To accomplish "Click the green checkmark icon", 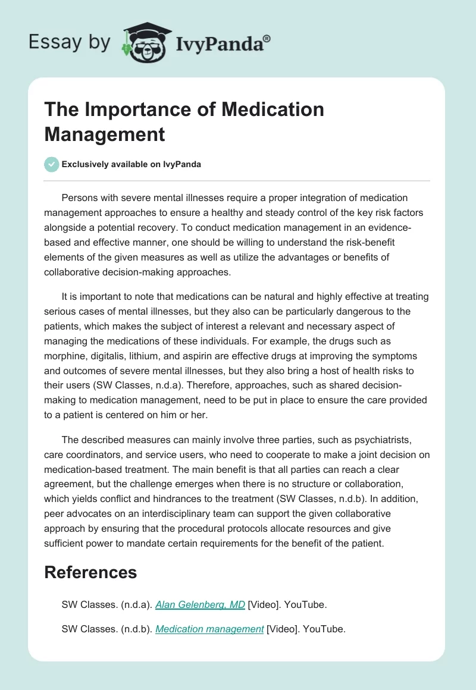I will [51, 164].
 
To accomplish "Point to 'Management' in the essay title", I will [105, 134].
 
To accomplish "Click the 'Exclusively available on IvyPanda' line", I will [131, 164].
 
